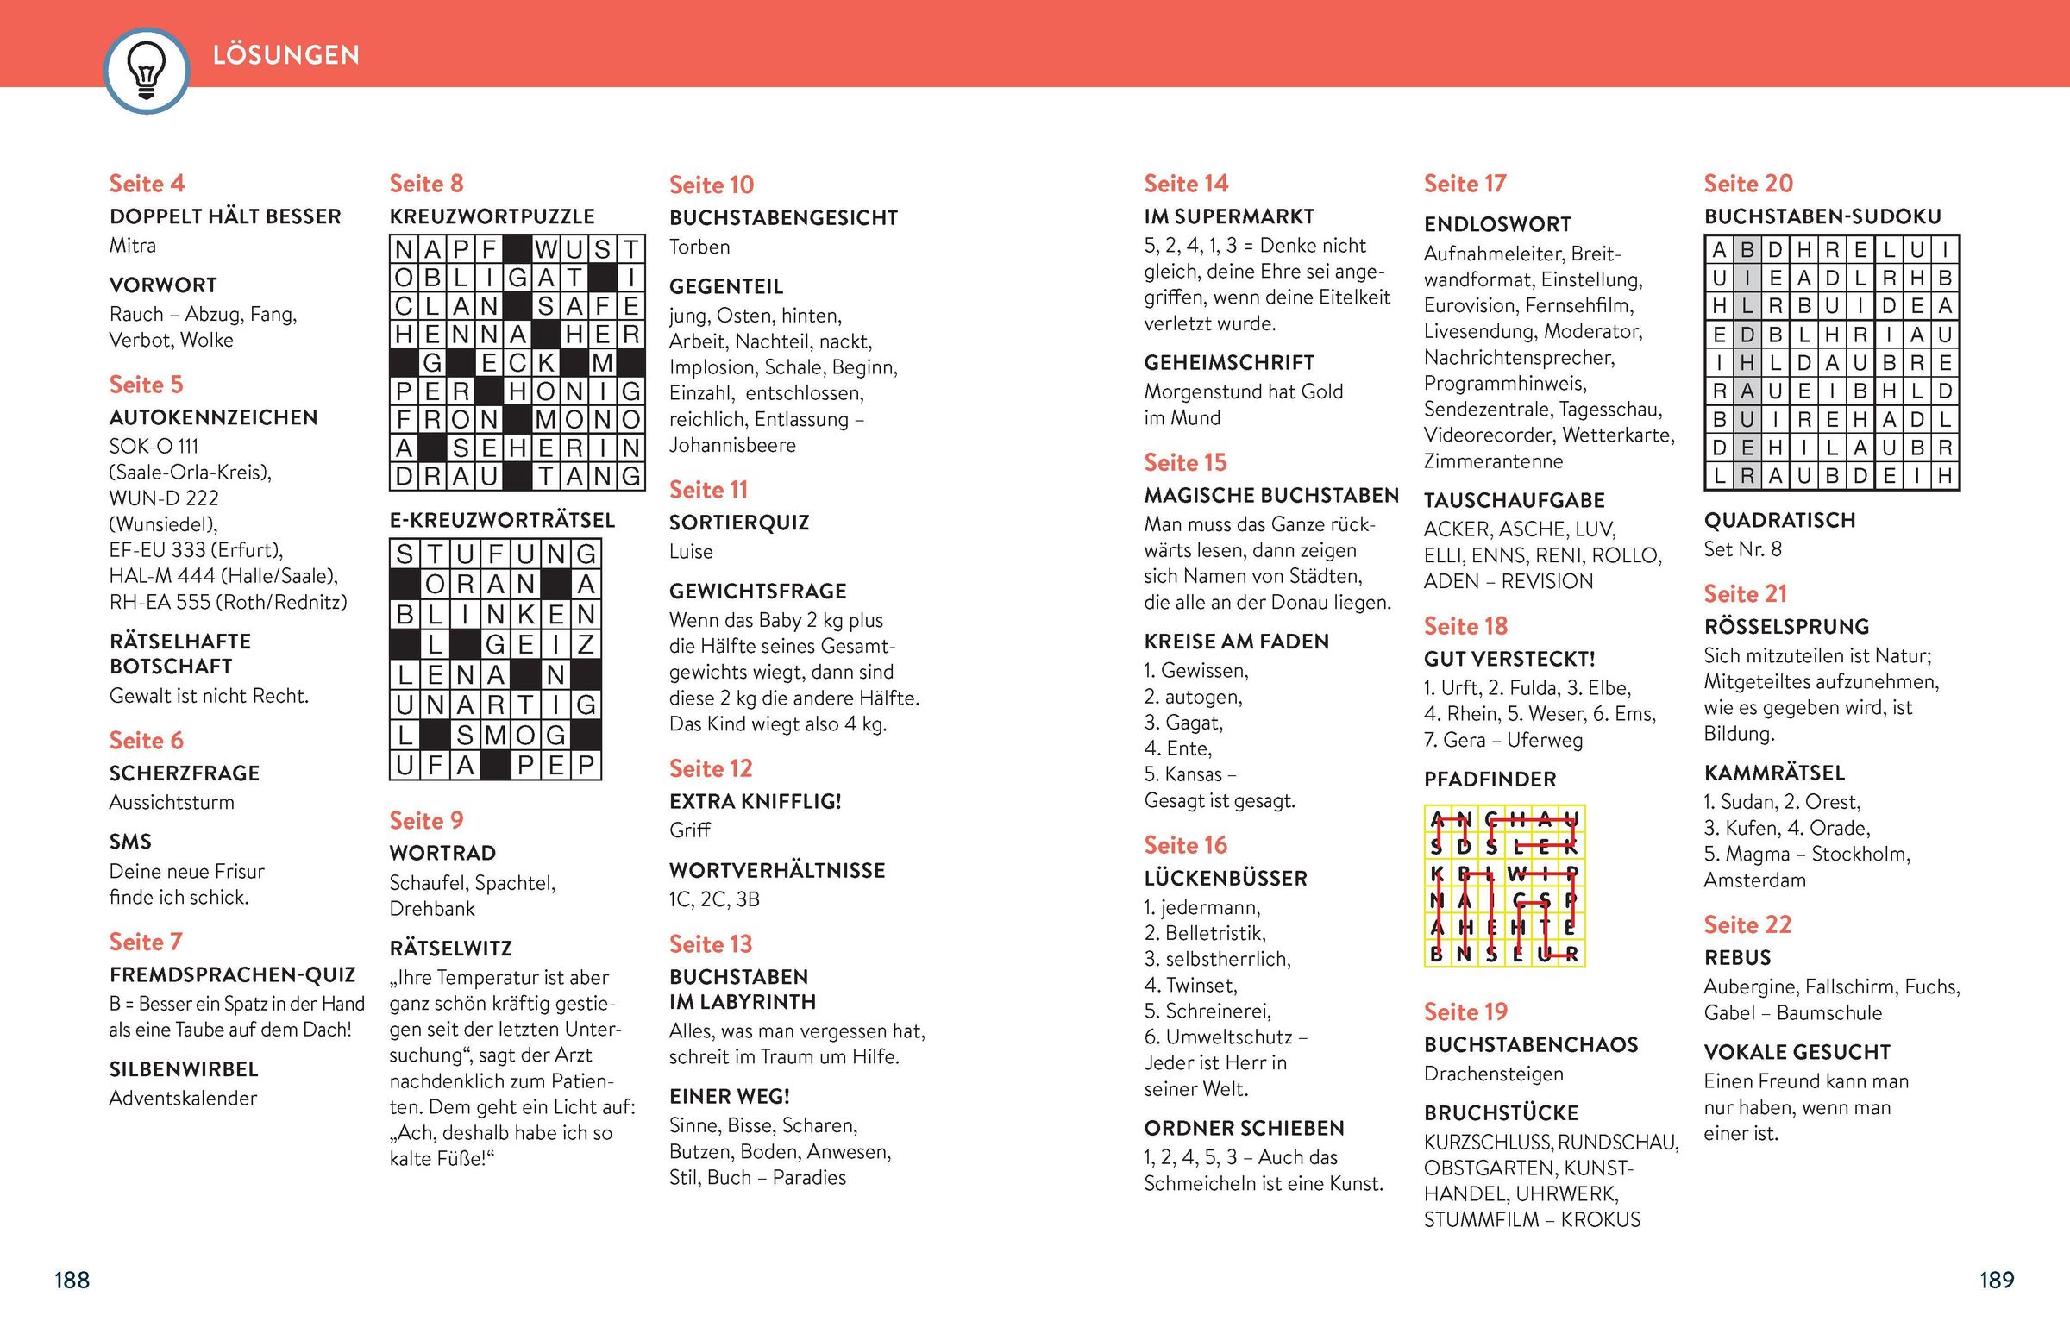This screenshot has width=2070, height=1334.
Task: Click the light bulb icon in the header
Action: click(x=146, y=70)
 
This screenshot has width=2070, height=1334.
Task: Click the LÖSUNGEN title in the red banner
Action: click(x=286, y=55)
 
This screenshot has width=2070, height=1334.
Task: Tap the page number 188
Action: click(x=72, y=1280)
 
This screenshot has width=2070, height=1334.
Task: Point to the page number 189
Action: click(x=1997, y=1280)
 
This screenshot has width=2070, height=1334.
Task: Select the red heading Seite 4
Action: click(x=147, y=184)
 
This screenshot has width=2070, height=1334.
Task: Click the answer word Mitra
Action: click(x=133, y=245)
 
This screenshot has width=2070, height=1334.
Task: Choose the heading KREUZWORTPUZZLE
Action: click(x=492, y=216)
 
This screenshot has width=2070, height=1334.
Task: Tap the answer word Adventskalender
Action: click(x=183, y=1099)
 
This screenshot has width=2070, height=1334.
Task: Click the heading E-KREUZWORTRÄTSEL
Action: click(x=502, y=521)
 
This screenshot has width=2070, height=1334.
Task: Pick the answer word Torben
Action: click(x=699, y=247)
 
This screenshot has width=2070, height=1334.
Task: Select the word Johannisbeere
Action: click(x=732, y=445)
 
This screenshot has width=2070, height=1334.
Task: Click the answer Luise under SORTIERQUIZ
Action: click(x=691, y=552)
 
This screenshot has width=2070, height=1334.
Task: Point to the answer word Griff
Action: click(x=690, y=830)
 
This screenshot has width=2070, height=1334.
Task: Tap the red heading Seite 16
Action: click(x=1185, y=845)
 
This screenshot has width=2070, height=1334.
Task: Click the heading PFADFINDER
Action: click(x=1490, y=780)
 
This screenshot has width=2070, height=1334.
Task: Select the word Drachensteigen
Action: click(x=1494, y=1074)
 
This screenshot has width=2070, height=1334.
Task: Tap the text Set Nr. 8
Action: click(x=1742, y=549)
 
